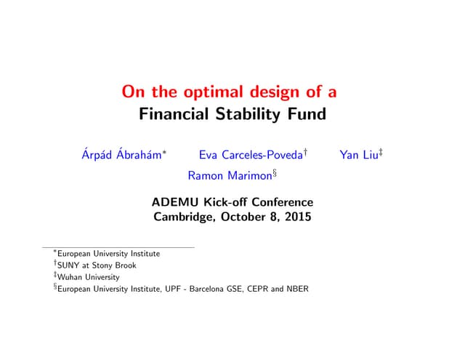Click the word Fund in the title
pyautogui.click(x=307, y=114)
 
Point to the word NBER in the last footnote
pyautogui.click(x=298, y=289)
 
